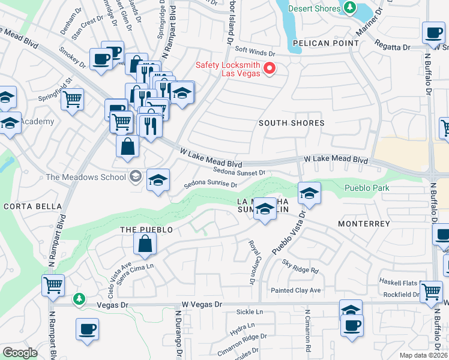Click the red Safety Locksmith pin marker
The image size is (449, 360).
tap(270, 68)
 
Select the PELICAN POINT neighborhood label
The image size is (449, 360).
tap(325, 43)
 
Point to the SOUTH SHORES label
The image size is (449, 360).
tap(291, 123)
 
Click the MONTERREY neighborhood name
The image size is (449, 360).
tap(364, 223)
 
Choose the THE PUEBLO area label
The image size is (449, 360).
tap(146, 230)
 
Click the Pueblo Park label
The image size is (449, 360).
tap(367, 188)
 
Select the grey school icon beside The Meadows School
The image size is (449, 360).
tap(136, 176)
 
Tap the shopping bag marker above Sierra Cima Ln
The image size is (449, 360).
tap(145, 244)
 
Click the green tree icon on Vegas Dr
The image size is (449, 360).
tap(79, 298)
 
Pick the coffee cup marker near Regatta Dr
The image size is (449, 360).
tap(433, 33)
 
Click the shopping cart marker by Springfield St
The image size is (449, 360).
tap(72, 98)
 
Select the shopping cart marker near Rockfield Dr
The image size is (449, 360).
tap(431, 292)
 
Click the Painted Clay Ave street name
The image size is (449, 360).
tap(295, 290)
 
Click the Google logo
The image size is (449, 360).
tap(20, 353)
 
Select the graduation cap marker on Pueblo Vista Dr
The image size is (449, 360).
tap(309, 193)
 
